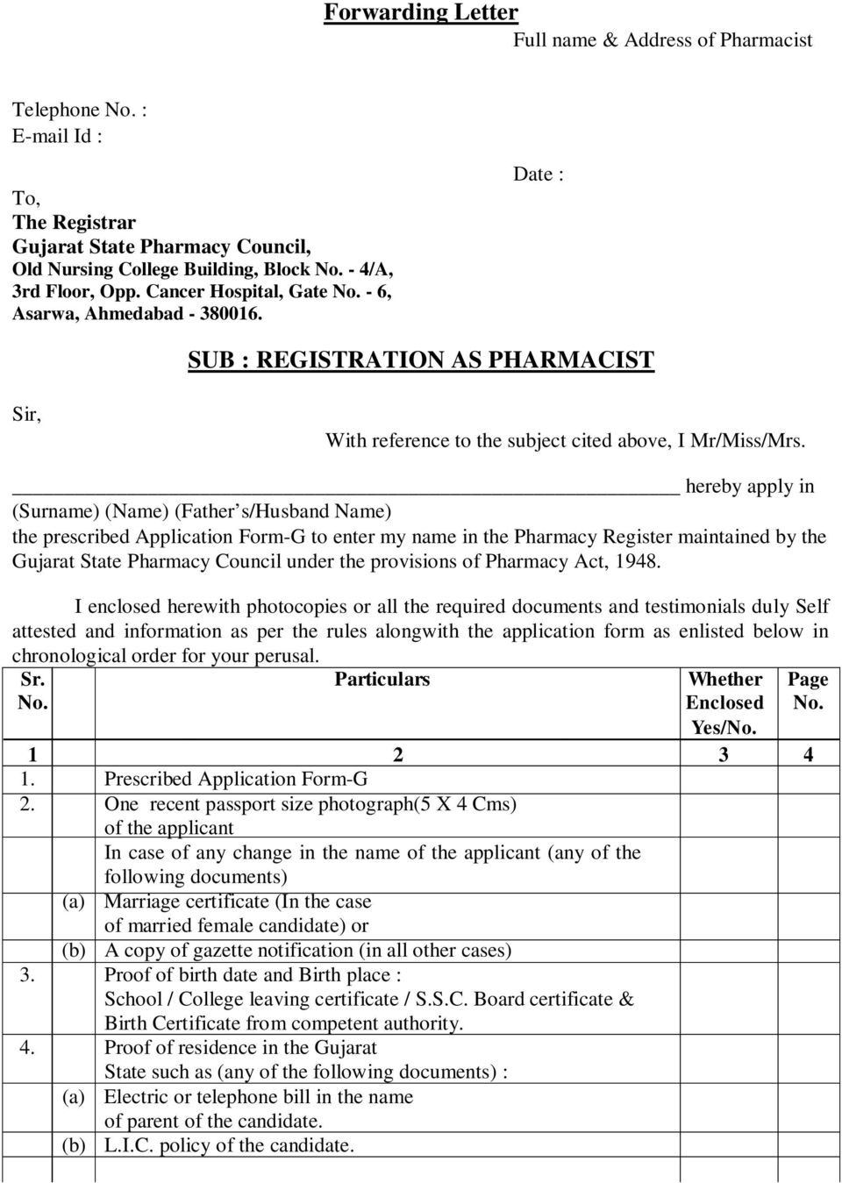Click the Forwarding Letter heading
(x=421, y=13)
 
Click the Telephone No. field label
(x=79, y=110)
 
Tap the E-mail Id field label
(x=57, y=136)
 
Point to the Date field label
(x=538, y=175)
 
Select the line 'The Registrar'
(x=74, y=223)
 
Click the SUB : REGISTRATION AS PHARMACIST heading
(x=421, y=360)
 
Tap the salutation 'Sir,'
(x=26, y=414)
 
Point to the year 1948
(x=637, y=560)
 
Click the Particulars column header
(x=382, y=680)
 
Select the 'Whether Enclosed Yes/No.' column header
(x=724, y=703)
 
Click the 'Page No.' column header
(x=808, y=691)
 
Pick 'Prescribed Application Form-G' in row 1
(x=236, y=779)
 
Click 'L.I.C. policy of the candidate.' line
(x=229, y=1144)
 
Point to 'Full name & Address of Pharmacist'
(x=662, y=39)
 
